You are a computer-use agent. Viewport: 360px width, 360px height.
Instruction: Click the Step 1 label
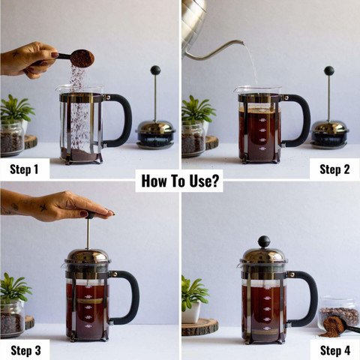24,169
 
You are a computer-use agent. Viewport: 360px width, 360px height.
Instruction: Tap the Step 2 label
334,169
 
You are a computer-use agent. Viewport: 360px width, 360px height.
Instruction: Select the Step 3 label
25,350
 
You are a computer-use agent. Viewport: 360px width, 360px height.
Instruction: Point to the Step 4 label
335,350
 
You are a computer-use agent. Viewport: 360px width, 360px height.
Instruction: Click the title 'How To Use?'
180,181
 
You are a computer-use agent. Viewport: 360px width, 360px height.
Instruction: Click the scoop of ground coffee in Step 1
82,58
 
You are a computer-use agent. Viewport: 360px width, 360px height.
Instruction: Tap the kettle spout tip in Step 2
241,42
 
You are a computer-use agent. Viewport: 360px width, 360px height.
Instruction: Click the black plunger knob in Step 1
155,70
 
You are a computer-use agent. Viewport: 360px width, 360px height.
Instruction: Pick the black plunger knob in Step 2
329,70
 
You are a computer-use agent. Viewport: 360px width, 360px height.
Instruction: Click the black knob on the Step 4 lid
264,241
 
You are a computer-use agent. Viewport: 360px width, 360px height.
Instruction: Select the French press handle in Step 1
119,120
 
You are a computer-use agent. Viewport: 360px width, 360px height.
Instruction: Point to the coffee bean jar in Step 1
11,138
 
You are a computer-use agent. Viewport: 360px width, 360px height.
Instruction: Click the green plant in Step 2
197,109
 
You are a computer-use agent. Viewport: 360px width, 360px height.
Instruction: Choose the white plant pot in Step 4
191,312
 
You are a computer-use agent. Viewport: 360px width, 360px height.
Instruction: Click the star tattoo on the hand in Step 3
43,207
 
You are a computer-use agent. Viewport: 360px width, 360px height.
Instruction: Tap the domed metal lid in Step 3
88,256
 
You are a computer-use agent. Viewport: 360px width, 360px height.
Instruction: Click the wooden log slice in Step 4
199,327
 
